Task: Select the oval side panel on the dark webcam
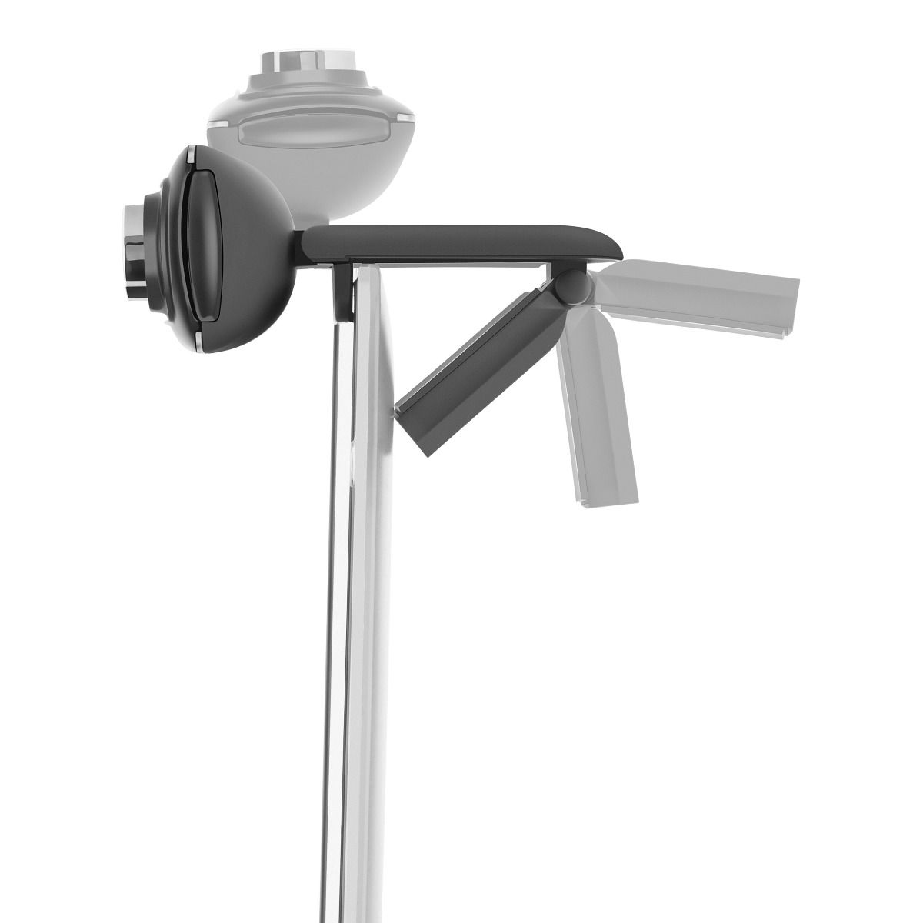(204, 245)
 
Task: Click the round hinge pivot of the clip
(575, 286)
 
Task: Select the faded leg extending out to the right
(700, 296)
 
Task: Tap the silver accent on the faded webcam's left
(220, 120)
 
